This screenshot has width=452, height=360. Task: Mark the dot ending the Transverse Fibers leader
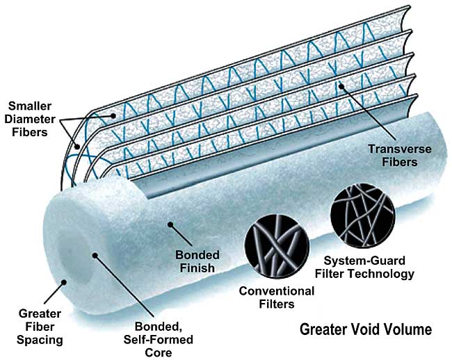coord(341,86)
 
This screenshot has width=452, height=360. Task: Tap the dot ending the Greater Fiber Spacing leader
coord(64,282)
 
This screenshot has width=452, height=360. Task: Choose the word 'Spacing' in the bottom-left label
coord(33,340)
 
